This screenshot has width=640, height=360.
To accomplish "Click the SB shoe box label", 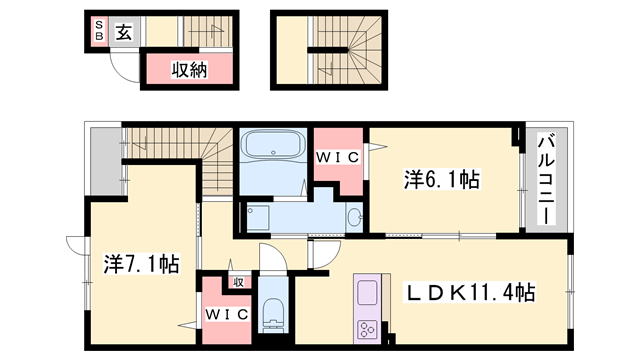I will [x=100, y=31].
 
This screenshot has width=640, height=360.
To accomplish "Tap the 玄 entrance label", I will [x=122, y=31].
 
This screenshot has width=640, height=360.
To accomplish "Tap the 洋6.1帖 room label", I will [x=441, y=180].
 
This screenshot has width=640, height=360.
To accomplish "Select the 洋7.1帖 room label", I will [x=142, y=264].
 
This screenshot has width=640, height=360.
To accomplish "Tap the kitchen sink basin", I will [x=366, y=295].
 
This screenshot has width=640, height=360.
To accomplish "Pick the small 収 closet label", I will [x=238, y=281].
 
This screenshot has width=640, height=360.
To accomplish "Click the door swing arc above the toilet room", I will [x=272, y=258].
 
